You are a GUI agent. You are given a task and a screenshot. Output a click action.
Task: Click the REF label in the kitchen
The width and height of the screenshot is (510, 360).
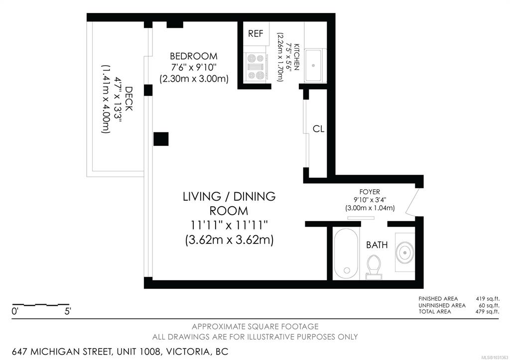click(x=255, y=33)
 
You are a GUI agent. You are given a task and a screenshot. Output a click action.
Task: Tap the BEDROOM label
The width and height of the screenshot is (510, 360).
click(x=194, y=56)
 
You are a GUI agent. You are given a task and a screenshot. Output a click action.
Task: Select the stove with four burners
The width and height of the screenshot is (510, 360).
click(x=255, y=67)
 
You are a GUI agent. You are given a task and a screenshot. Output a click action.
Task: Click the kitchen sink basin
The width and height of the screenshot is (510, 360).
click(x=313, y=65)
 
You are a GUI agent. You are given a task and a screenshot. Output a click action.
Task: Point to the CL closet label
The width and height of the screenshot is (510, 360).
click(x=318, y=129)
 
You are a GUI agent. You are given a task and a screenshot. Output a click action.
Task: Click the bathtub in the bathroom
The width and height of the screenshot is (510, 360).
click(x=346, y=254)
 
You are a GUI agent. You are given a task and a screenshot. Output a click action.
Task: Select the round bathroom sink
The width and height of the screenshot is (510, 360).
click(x=404, y=252)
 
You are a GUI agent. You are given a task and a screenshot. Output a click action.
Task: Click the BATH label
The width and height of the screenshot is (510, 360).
click(x=377, y=245)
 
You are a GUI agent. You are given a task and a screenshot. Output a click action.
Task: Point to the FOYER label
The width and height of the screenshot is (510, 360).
click(x=370, y=192)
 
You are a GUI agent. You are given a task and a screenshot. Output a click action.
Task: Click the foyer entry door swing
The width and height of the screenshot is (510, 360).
click(x=411, y=202)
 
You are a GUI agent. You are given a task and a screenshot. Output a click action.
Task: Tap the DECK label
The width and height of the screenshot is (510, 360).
click(x=129, y=99)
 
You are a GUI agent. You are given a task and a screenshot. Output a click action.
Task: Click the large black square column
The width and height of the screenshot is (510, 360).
click(x=161, y=139)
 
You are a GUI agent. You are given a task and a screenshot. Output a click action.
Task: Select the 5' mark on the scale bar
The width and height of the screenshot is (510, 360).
click(x=68, y=311)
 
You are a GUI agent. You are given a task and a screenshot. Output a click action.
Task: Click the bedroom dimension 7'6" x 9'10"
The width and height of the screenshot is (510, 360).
click(x=194, y=68)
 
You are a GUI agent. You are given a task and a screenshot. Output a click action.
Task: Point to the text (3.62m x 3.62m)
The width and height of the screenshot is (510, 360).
click(x=229, y=240)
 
